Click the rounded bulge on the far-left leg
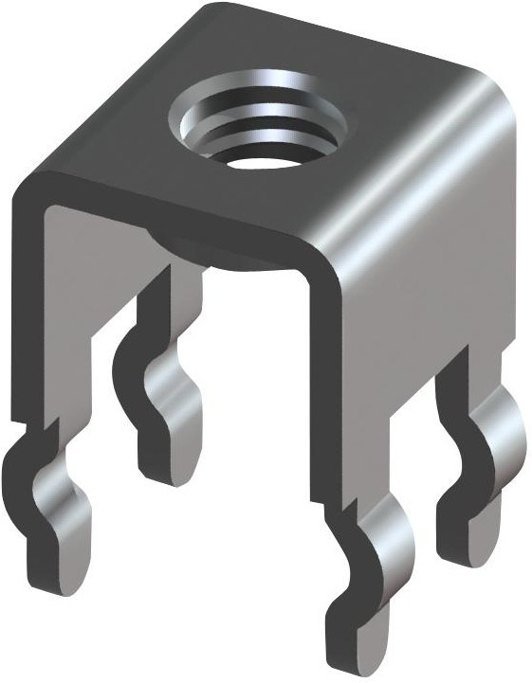coord(66,493)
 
